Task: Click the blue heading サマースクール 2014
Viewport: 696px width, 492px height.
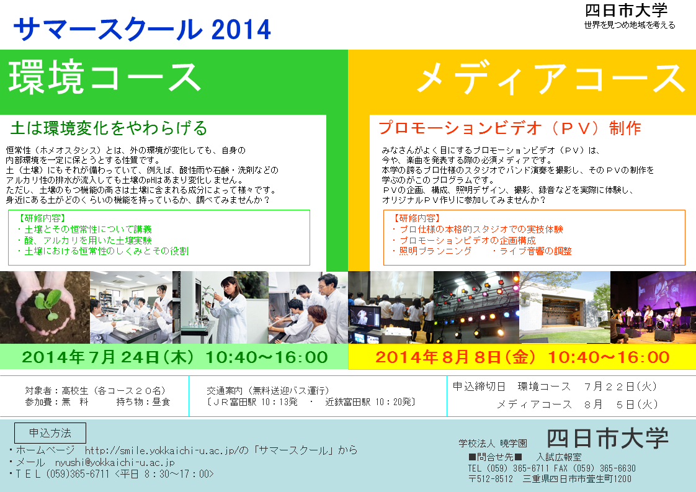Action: pyautogui.click(x=142, y=29)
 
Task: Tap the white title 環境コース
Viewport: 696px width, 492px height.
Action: pyautogui.click(x=105, y=78)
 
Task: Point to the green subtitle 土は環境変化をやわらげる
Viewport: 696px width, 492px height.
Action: pyautogui.click(x=109, y=128)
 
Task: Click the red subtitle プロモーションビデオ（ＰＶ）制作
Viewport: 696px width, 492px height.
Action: pyautogui.click(x=509, y=128)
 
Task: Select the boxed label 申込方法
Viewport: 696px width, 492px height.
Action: pyautogui.click(x=50, y=433)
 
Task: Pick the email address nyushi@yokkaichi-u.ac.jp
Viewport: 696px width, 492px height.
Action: pyautogui.click(x=115, y=462)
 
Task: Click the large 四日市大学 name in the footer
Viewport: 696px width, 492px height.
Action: pyautogui.click(x=607, y=438)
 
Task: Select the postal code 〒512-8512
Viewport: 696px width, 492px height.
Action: pyautogui.click(x=491, y=479)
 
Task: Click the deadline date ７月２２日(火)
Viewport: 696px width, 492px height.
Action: pyautogui.click(x=620, y=387)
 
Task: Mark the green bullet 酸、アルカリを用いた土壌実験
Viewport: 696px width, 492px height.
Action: pyautogui.click(x=84, y=240)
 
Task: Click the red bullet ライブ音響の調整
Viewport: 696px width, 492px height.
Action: pyautogui.click(x=532, y=251)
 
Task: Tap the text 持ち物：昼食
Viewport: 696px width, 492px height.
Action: pyautogui.click(x=143, y=402)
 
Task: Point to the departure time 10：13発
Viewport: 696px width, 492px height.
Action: pyautogui.click(x=279, y=402)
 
